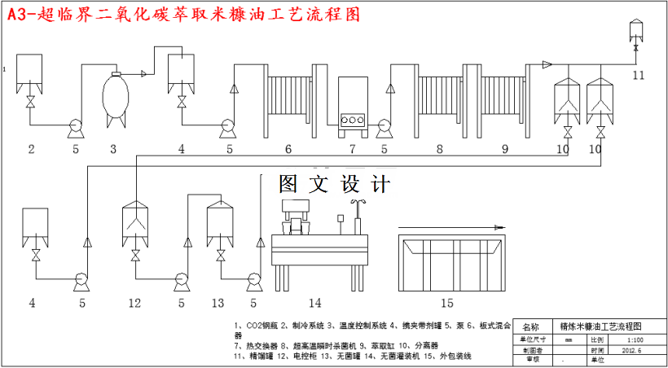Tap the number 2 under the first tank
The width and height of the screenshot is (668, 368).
[31, 149]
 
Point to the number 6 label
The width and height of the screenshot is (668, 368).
[288, 149]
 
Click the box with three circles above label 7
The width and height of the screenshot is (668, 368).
[353, 103]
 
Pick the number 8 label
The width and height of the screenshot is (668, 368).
[440, 149]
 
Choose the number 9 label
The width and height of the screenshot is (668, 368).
[504, 149]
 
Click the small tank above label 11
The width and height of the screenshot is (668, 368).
[637, 33]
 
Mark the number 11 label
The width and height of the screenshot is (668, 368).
[638, 75]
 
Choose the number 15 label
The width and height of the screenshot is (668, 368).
[446, 303]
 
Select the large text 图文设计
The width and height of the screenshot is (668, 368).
[334, 185]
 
